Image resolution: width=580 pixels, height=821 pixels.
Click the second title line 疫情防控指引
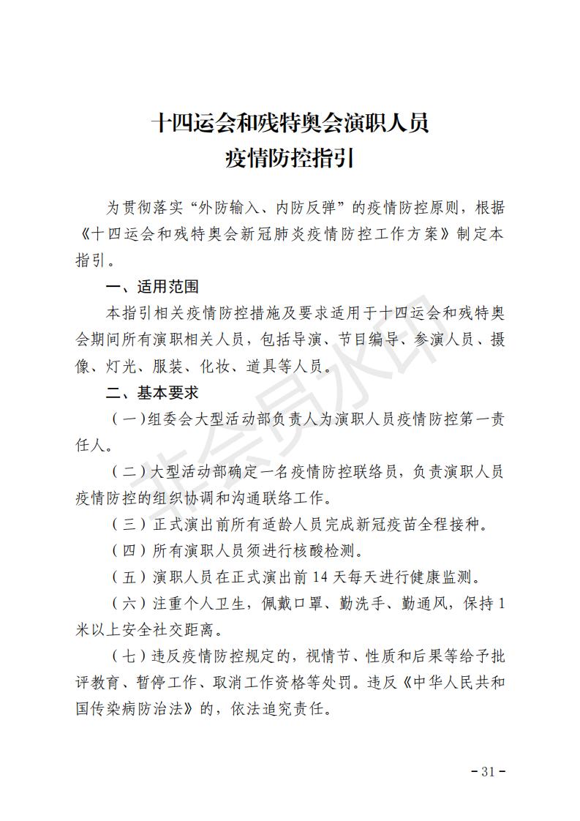coord(290,159)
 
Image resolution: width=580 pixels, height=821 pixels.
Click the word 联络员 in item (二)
coord(363,472)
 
